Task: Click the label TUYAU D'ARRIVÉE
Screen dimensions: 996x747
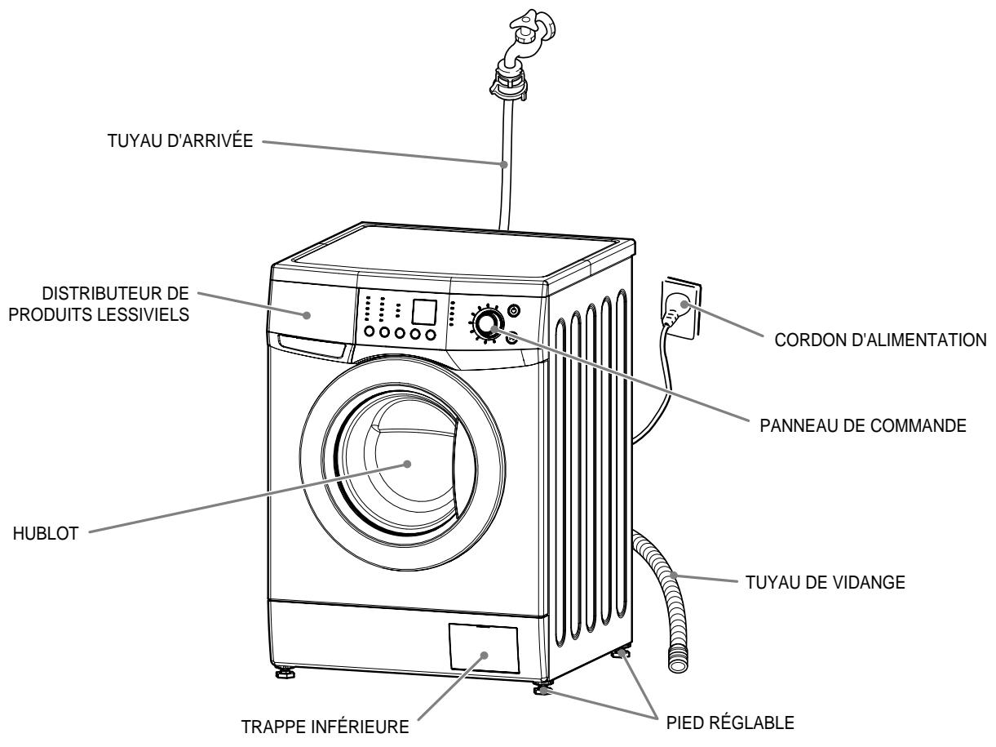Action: coord(179,140)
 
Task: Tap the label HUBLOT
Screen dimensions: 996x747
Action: coord(46,534)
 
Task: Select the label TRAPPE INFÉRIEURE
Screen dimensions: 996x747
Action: coord(325,727)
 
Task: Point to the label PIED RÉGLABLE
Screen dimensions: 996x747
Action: coord(730,723)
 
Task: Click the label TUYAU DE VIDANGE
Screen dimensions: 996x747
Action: coord(826,583)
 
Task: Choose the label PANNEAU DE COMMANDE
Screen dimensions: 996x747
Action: coord(863,426)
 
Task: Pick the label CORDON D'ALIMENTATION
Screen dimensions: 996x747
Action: coord(881,340)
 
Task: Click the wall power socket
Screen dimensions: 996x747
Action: coord(680,309)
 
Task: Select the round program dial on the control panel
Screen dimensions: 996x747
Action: coord(487,324)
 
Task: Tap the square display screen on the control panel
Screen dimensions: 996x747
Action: coord(424,312)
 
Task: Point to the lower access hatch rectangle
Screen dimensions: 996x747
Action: coord(484,649)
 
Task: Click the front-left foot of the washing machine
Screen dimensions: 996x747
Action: coord(286,674)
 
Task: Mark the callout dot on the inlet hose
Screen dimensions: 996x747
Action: coord(503,164)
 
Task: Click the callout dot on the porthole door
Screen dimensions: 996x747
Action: coord(408,464)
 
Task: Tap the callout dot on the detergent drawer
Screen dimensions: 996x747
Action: coord(308,314)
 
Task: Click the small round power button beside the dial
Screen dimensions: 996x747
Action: coord(514,310)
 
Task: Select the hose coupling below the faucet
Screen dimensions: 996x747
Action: coord(509,82)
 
